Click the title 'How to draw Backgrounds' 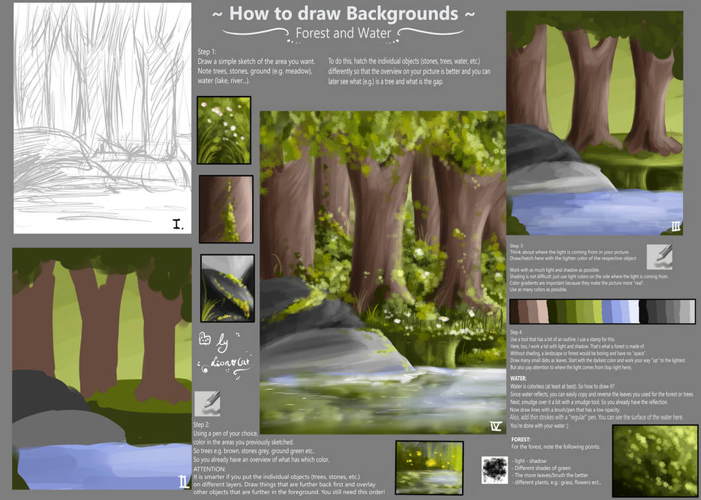pos(343,13)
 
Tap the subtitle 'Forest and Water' pos(343,32)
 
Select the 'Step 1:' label pos(207,52)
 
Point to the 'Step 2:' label pos(202,425)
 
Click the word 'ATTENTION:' pos(209,468)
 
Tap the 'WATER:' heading pos(518,377)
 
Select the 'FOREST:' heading pos(522,439)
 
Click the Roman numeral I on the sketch pos(177,224)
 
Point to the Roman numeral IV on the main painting pos(495,425)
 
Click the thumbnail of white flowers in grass pos(224,130)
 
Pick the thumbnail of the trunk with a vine pos(226,209)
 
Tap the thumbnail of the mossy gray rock pos(227,288)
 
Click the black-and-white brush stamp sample pos(494,469)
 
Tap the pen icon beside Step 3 pos(659,257)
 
